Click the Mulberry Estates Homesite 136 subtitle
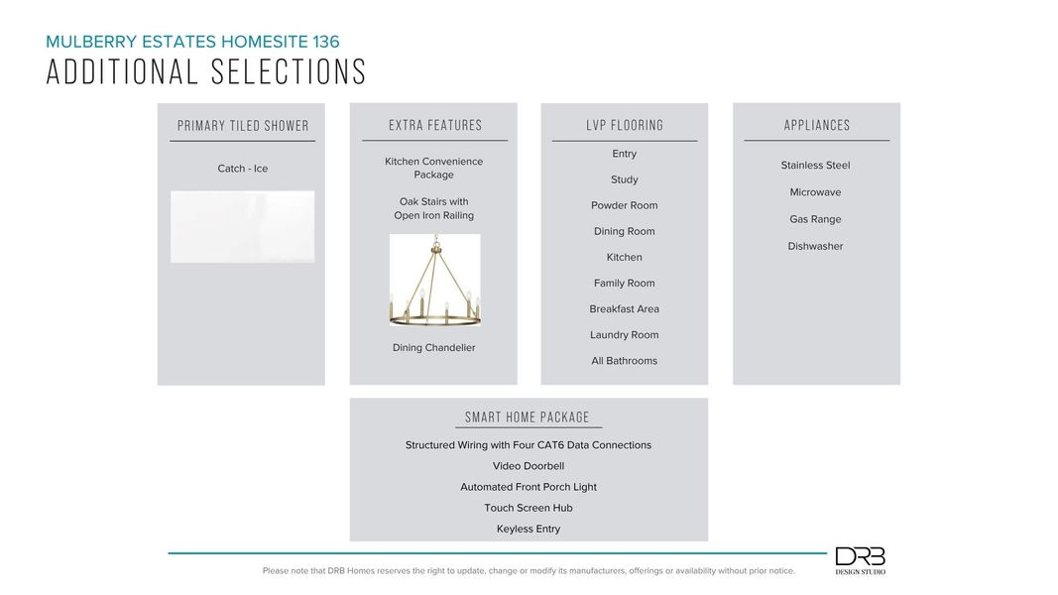pos(192,42)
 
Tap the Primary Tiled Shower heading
pos(243,126)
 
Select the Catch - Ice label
pos(243,169)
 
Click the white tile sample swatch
pos(243,227)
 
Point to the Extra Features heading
pos(435,126)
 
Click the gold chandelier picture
pos(434,282)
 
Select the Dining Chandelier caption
pos(434,348)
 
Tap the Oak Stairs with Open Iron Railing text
pos(434,208)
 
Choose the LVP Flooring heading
pos(625,126)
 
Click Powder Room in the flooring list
pos(625,205)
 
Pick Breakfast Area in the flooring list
pos(625,309)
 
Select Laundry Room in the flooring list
pos(625,335)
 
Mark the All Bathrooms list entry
pos(625,361)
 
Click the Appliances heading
pos(817,126)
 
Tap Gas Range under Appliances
pos(815,219)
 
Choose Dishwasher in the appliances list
pos(815,246)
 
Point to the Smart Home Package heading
pos(528,417)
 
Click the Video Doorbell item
pos(529,466)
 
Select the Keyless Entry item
pos(529,529)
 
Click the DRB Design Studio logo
pos(860,560)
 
